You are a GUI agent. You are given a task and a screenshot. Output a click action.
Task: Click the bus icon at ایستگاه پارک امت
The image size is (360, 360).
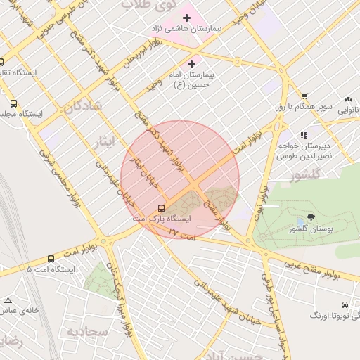point(162,208)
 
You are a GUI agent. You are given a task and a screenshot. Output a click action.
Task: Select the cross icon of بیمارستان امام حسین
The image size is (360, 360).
point(191,64)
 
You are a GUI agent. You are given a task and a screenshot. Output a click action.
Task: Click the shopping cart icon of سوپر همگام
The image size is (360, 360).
point(304,97)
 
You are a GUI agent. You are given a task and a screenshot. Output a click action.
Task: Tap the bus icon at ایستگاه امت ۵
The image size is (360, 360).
point(51,259)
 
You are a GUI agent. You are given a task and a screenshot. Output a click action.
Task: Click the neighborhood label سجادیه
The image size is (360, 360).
point(86,330)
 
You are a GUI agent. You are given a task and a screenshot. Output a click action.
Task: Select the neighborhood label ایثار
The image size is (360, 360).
point(103,143)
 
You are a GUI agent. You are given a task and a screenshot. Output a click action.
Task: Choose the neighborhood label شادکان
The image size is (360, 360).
point(82,107)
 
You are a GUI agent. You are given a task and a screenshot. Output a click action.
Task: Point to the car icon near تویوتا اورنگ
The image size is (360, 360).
point(344,304)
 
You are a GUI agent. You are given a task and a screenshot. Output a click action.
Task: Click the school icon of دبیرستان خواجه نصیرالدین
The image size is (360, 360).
point(304,135)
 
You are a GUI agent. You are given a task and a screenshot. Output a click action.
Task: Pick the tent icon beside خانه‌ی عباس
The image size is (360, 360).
point(8,300)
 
